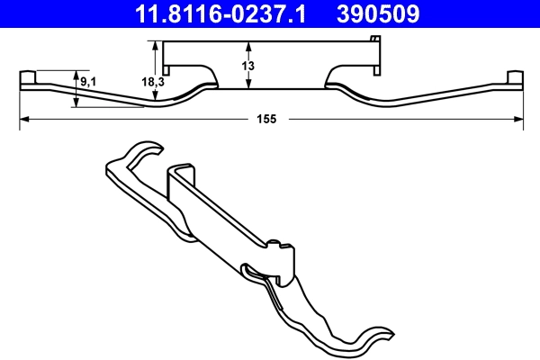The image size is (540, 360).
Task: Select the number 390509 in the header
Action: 379,13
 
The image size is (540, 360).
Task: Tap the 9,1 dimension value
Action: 89,83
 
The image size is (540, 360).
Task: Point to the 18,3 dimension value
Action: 152,83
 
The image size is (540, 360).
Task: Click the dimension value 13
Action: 249,65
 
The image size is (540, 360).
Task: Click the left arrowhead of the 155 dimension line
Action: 24,118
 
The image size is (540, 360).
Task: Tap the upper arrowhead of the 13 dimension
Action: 249,46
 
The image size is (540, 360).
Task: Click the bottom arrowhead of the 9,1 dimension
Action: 77,103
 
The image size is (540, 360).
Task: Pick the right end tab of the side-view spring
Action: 514,78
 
